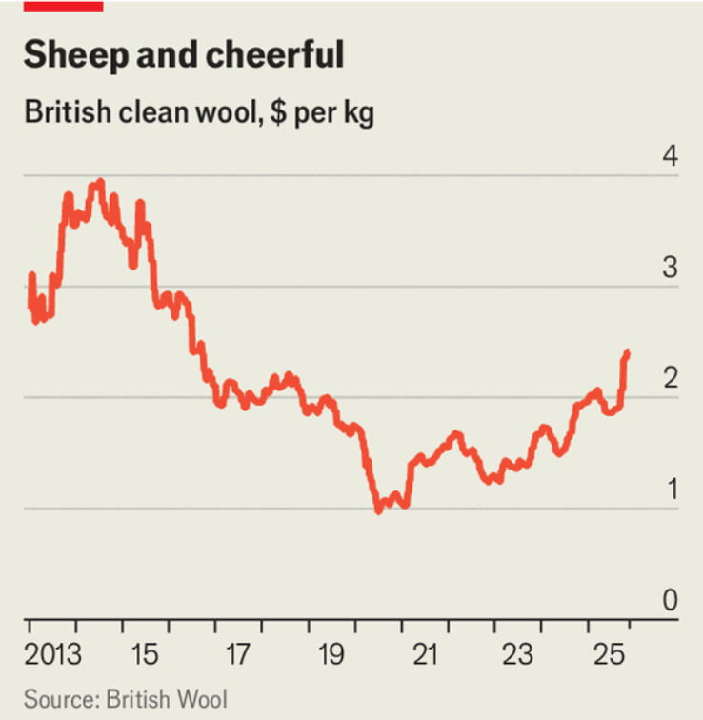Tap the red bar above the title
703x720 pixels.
coord(62,5)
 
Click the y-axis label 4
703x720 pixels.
coord(670,156)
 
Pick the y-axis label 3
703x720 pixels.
coord(670,268)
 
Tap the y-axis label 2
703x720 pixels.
coord(670,379)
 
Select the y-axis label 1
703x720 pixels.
coord(670,490)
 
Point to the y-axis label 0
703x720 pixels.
coord(670,601)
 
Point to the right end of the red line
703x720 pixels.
coord(627,352)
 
